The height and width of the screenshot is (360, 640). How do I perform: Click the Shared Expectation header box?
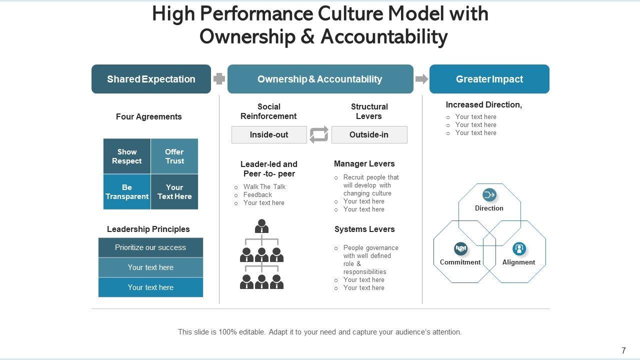151,79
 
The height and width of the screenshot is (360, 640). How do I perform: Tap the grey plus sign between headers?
219,79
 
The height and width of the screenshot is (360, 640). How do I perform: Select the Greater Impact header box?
489,79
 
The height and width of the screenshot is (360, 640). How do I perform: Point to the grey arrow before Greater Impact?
422,79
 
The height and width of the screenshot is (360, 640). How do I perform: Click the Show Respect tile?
127,156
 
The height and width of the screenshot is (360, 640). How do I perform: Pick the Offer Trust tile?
174,156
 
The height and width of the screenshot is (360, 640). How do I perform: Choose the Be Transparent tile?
127,192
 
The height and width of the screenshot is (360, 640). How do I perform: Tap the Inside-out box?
269,134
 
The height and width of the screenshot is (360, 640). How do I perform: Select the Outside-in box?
369,134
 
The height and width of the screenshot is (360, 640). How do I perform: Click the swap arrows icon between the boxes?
319,134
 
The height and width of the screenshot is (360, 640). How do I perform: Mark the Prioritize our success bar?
150,247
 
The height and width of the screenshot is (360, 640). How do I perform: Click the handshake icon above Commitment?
460,248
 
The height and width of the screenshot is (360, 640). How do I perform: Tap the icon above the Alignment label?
519,248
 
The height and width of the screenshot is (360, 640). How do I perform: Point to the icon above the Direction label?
489,194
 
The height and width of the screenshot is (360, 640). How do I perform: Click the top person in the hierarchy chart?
261,226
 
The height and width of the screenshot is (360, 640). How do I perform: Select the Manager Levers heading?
364,163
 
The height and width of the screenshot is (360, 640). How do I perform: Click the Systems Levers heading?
364,229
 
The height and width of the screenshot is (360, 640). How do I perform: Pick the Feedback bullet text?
257,194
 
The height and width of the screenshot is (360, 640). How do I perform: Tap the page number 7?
623,350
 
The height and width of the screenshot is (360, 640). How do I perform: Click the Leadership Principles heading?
148,229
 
